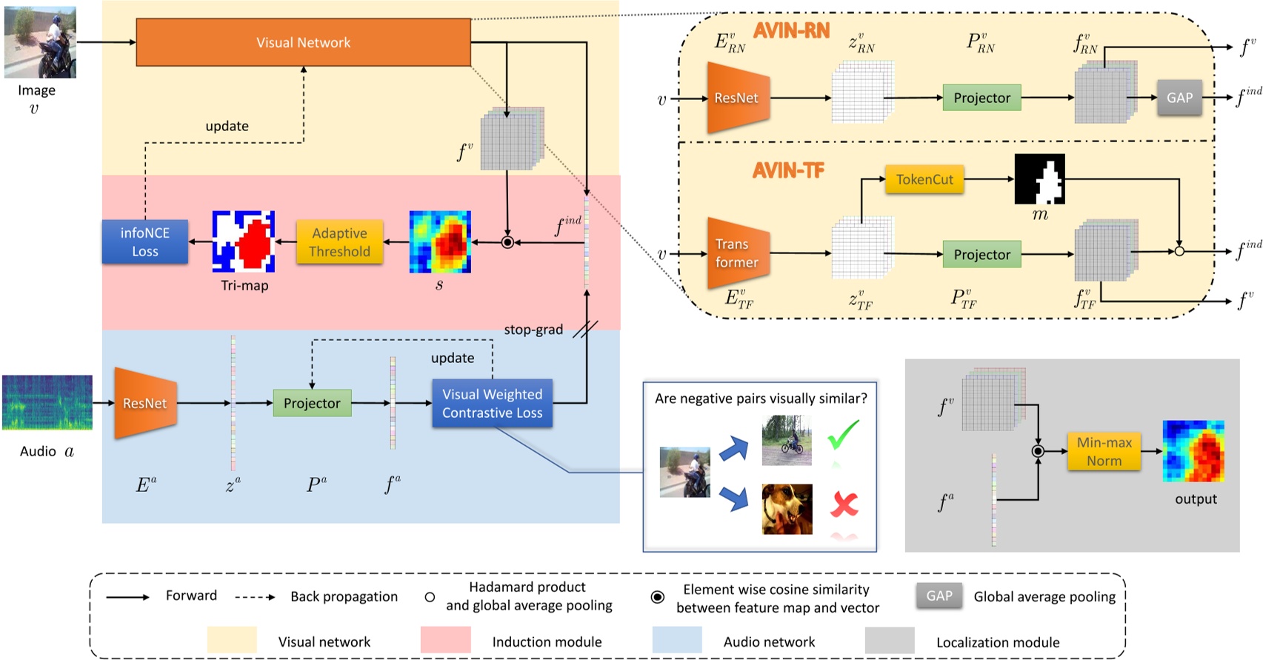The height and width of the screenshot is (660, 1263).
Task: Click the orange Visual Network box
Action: (x=303, y=42)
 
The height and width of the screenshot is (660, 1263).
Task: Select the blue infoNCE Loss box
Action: (x=145, y=242)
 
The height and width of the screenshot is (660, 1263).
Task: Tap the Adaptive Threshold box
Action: (x=339, y=242)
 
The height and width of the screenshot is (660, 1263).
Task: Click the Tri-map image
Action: (x=244, y=241)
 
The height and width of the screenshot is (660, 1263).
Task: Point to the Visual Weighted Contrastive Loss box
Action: (x=492, y=403)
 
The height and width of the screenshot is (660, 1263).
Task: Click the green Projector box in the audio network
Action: (x=312, y=403)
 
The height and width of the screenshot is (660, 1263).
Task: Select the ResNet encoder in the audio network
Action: (x=145, y=403)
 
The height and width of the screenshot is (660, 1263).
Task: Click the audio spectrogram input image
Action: (x=47, y=402)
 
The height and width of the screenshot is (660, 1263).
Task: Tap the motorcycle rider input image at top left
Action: (x=40, y=42)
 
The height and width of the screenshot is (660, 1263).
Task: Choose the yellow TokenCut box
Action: (x=924, y=179)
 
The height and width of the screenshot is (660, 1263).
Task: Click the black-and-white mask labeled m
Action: (x=1039, y=179)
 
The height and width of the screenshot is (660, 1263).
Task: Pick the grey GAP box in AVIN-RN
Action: (x=1179, y=98)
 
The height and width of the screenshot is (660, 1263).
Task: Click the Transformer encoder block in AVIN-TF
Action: (x=736, y=253)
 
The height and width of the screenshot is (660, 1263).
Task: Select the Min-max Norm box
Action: (x=1104, y=451)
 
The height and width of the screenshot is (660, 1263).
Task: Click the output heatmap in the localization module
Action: (x=1193, y=451)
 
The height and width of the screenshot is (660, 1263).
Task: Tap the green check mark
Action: (x=843, y=435)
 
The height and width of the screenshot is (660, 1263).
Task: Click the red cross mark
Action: (x=844, y=504)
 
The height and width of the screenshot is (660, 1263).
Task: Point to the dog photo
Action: (x=787, y=509)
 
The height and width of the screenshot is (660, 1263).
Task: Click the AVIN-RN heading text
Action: (x=791, y=30)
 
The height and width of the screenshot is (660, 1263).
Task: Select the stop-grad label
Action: (x=533, y=330)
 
